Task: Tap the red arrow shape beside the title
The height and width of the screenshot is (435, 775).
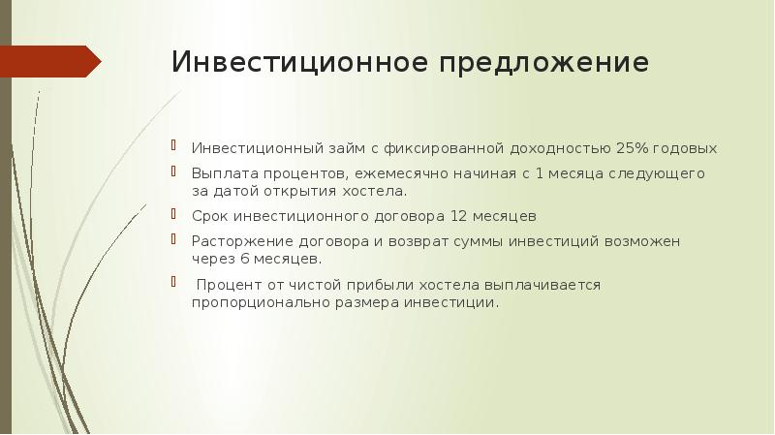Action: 50,61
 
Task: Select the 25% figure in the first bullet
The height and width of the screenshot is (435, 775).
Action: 633,148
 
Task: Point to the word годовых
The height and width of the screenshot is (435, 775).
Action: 685,149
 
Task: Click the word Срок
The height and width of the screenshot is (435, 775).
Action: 210,216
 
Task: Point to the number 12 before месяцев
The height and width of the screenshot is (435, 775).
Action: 458,216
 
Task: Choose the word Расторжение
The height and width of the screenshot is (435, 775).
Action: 243,242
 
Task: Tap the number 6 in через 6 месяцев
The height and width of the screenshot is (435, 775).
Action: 245,259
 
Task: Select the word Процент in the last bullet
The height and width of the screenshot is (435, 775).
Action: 229,285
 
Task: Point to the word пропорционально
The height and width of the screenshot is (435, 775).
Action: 261,303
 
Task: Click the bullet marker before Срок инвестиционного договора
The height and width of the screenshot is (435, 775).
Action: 173,213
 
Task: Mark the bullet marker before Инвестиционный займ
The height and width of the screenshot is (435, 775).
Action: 173,145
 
